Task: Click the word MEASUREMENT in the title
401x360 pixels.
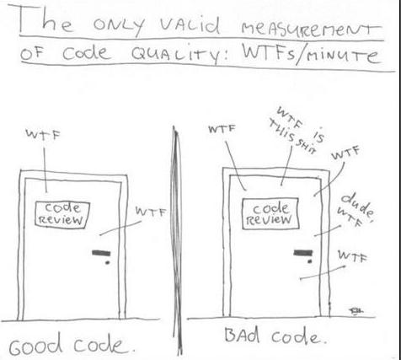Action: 311,29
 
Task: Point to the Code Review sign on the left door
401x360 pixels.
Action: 62,214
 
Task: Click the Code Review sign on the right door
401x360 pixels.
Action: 270,213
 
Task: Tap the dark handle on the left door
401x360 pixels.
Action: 101,253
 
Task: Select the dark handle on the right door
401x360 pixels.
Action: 302,253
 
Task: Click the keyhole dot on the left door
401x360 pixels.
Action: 107,263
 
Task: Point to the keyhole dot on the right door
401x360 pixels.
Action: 309,261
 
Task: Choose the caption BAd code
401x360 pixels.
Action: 275,336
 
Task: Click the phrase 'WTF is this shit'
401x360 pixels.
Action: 298,131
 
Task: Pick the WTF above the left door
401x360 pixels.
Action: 43,133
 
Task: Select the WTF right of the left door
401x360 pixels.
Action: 151,212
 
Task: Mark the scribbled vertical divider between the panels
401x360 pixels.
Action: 177,240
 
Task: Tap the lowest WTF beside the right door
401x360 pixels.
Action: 352,256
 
